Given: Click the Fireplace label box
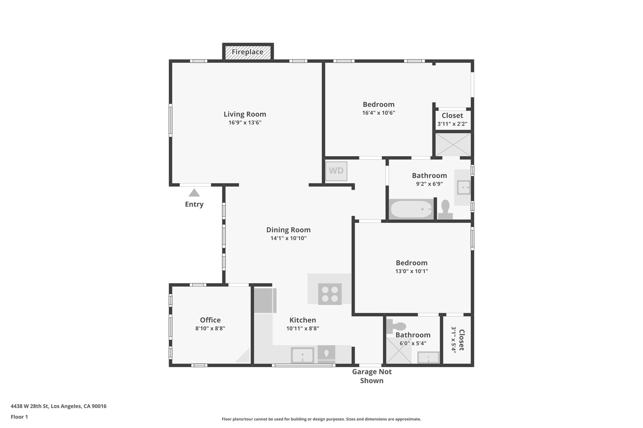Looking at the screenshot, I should pyautogui.click(x=248, y=52).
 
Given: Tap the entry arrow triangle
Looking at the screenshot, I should pyautogui.click(x=194, y=193).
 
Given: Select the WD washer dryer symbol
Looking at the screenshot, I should pyautogui.click(x=336, y=171).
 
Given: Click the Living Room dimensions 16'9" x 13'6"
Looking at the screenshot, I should pyautogui.click(x=245, y=123).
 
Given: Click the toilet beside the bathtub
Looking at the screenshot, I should pyautogui.click(x=445, y=210).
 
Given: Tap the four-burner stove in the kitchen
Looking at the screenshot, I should pyautogui.click(x=330, y=294).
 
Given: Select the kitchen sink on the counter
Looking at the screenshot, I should pyautogui.click(x=302, y=355).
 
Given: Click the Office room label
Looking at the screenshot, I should pyautogui.click(x=210, y=320).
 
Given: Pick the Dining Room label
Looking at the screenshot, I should pyautogui.click(x=288, y=230).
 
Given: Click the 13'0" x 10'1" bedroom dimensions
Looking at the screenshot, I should pyautogui.click(x=412, y=271).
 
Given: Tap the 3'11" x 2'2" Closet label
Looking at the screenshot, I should pyautogui.click(x=452, y=119).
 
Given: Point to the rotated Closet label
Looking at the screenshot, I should pyautogui.click(x=461, y=340).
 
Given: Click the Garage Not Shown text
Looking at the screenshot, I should pyautogui.click(x=372, y=376).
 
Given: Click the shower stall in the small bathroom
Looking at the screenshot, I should pyautogui.click(x=398, y=351).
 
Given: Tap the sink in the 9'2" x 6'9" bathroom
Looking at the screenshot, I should pyautogui.click(x=463, y=188).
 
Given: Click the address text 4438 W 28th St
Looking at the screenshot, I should pyautogui.click(x=58, y=406).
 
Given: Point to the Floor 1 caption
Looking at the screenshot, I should pyautogui.click(x=19, y=417).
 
